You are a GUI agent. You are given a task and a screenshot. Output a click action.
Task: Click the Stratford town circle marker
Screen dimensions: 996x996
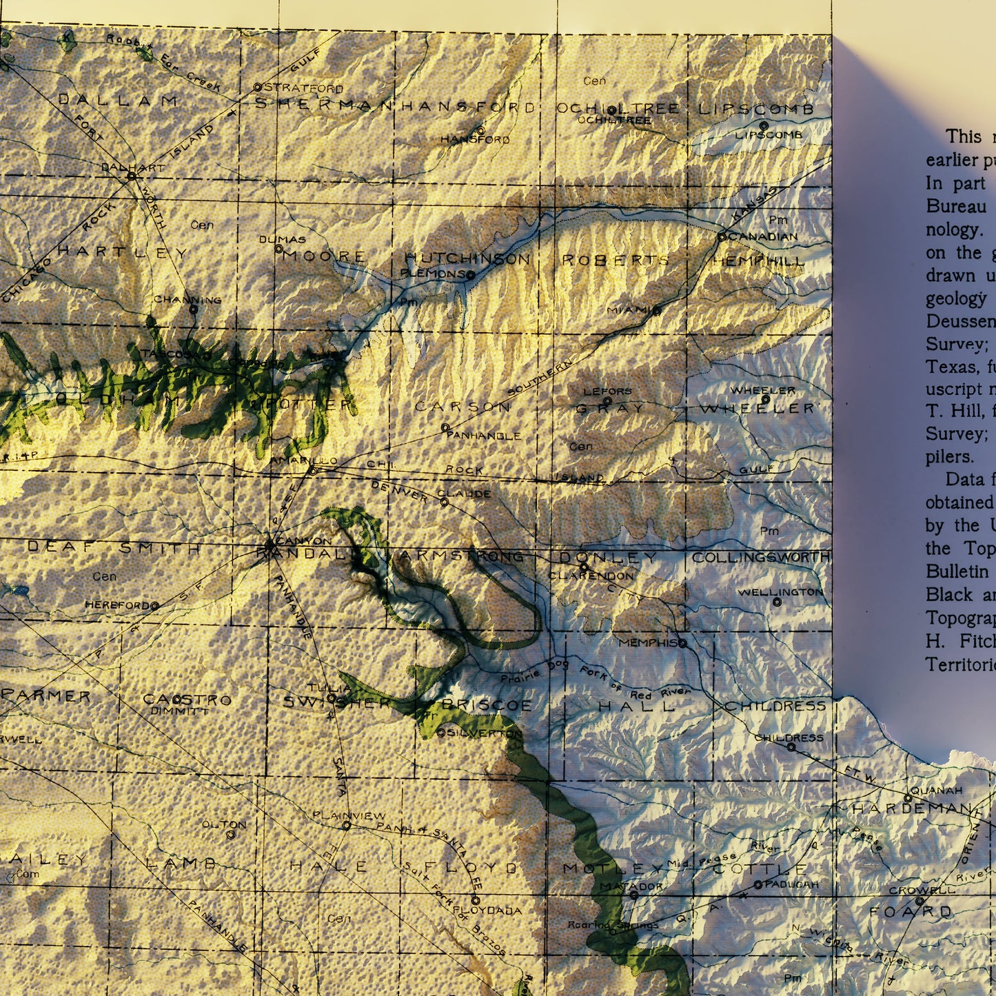pyautogui.click(x=257, y=88)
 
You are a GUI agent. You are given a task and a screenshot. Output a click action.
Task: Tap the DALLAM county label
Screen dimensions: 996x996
pyautogui.click(x=118, y=101)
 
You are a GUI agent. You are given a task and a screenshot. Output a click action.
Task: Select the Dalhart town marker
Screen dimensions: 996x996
pyautogui.click(x=131, y=176)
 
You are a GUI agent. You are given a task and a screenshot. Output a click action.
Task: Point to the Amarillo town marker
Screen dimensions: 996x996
pyautogui.click(x=312, y=471)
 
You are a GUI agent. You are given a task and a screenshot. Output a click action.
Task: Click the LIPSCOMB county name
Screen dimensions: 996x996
pyautogui.click(x=756, y=109)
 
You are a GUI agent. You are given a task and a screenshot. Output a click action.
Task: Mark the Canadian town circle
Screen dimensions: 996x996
pyautogui.click(x=722, y=236)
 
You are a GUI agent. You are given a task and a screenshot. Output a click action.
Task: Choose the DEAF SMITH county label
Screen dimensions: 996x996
pyautogui.click(x=114, y=548)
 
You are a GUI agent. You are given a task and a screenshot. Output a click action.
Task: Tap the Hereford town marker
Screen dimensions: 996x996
pyautogui.click(x=154, y=606)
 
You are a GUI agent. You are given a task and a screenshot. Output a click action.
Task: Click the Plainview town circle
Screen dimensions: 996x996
pyautogui.click(x=347, y=825)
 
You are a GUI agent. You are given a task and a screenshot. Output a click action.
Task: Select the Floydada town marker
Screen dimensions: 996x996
pyautogui.click(x=475, y=900)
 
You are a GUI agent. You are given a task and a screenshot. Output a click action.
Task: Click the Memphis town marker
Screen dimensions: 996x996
pyautogui.click(x=682, y=643)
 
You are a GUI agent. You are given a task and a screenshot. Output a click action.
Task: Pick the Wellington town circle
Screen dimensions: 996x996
pyautogui.click(x=777, y=602)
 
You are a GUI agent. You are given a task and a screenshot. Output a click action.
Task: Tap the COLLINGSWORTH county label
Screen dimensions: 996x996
pyautogui.click(x=761, y=557)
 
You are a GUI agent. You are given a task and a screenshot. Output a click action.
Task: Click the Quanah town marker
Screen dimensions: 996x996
pyautogui.click(x=908, y=798)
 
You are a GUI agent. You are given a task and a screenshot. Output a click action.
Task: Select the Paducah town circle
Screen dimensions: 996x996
pyautogui.click(x=758, y=884)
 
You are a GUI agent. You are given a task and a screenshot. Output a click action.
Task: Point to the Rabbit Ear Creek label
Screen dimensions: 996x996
pyautogui.click(x=163, y=63)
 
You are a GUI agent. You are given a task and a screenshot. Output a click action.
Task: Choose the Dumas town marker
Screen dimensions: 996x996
pyautogui.click(x=279, y=249)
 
